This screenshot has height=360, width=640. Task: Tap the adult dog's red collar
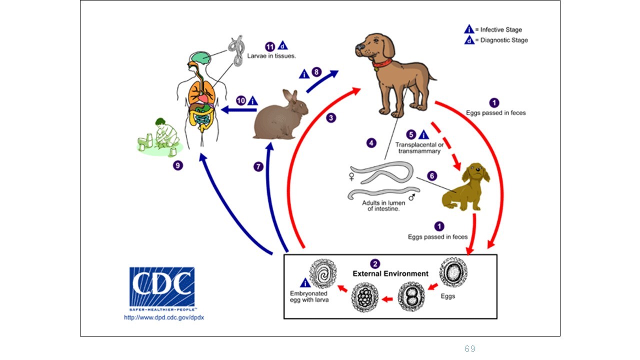(x=382, y=63)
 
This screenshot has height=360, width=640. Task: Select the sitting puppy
(x=465, y=187)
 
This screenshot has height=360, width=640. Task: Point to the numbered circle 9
(x=178, y=165)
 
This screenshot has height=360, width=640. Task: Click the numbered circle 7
(x=258, y=167)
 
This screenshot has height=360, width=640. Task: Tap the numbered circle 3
(x=331, y=118)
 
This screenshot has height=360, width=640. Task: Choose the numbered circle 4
(x=371, y=143)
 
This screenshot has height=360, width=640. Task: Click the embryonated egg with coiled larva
(x=322, y=274)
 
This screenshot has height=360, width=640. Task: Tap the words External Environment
(x=390, y=273)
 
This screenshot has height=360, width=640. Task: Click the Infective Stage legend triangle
(x=469, y=29)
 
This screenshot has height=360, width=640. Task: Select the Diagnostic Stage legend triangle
(x=469, y=40)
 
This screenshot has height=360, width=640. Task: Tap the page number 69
(x=469, y=349)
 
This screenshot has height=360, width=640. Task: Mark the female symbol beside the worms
(x=351, y=176)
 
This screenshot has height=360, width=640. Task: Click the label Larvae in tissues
(x=271, y=56)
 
